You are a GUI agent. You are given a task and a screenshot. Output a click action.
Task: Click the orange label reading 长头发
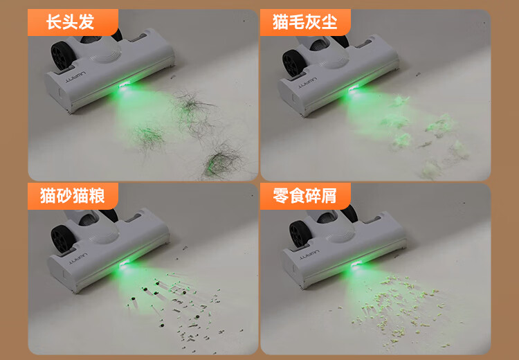tap(73, 22)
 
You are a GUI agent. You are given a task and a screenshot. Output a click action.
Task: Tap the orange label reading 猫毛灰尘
tap(305, 22)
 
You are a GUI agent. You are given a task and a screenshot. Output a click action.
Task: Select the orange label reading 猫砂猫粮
tap(73, 196)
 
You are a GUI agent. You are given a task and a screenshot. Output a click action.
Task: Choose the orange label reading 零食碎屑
tap(305, 196)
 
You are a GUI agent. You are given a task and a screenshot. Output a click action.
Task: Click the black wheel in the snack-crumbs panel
tap(300, 234)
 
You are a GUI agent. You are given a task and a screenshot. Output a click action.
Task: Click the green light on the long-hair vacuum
tap(125, 87)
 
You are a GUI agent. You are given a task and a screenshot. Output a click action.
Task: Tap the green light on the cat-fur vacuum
tap(354, 89)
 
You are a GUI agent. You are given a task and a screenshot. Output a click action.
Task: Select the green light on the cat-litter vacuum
tap(125, 264)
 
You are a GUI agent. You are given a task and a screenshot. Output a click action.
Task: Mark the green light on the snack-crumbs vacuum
tap(356, 264)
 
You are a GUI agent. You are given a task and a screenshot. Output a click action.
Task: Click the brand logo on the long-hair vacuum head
tap(75, 76)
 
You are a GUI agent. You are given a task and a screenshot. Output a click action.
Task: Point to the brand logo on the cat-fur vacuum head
tap(307, 83)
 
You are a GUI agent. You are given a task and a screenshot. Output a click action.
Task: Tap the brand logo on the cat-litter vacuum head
tap(78, 258)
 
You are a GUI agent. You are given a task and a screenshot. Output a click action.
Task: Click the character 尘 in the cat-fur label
tap(329, 22)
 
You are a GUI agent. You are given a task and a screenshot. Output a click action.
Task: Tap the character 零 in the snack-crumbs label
tap(281, 196)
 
